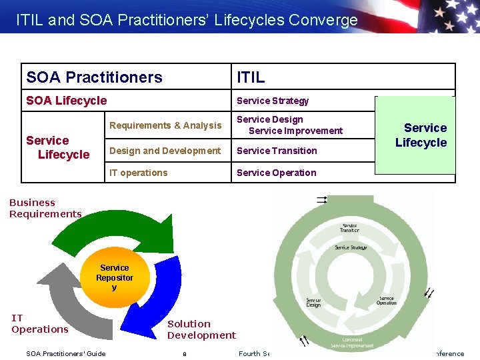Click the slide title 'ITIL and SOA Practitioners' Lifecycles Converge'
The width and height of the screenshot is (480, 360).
point(187,20)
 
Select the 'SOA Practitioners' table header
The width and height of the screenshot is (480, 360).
point(94,77)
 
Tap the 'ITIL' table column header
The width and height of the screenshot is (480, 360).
point(251,77)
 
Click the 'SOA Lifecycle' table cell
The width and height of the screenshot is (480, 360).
point(66,101)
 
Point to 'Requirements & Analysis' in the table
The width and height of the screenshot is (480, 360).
point(165,125)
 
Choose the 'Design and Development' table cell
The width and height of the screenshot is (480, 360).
point(165,151)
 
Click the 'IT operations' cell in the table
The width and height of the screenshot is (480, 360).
point(139,173)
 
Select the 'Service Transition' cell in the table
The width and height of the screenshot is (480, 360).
point(277,151)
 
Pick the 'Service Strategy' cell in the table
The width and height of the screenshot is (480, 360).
point(273,101)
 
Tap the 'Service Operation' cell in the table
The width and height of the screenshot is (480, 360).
point(277,173)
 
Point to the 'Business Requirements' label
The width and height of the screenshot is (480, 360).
point(45,208)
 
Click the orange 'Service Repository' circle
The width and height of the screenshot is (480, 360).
point(114,277)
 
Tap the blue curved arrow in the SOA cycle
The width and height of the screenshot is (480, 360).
point(160,293)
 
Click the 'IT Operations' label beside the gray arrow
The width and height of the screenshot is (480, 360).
point(39,324)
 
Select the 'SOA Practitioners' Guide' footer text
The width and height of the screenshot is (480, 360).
point(65,353)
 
